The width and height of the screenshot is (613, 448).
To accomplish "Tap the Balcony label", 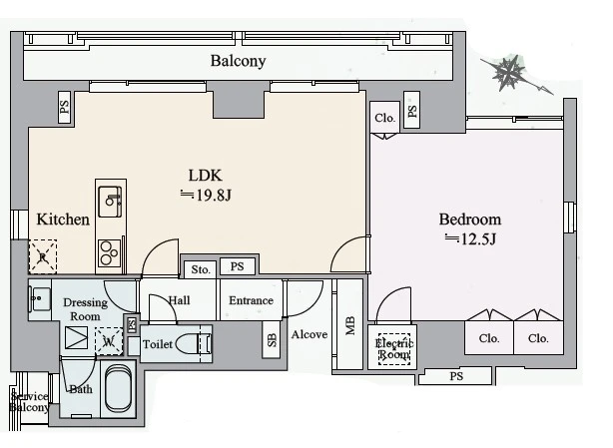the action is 238,61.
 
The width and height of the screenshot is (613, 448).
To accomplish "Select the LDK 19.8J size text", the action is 206,195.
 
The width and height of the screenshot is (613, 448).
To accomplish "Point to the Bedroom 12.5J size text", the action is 470,238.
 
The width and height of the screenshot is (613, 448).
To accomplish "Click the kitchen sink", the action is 110,202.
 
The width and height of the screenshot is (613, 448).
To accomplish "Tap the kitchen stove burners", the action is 109,252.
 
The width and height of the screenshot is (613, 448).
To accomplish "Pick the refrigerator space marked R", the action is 43,256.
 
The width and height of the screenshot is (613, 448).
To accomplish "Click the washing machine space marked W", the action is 109,341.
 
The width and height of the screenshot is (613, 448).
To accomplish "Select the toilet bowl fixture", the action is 193,343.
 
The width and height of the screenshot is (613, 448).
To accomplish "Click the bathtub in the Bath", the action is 118,388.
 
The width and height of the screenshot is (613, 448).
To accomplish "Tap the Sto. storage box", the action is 200,269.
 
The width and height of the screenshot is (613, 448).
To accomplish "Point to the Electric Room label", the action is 394,349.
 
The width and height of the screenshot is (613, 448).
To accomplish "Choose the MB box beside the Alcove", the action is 349,324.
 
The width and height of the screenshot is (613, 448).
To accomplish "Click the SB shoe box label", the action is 272,340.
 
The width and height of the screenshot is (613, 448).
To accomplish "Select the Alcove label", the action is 309,334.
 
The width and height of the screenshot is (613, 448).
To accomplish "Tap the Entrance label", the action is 251,300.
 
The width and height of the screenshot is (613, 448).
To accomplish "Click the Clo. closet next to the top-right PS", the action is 385,117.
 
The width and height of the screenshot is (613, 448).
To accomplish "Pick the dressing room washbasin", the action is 40,299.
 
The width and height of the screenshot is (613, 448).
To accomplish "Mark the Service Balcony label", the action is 29,402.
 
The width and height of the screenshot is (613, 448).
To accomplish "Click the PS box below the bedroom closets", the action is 455,376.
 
